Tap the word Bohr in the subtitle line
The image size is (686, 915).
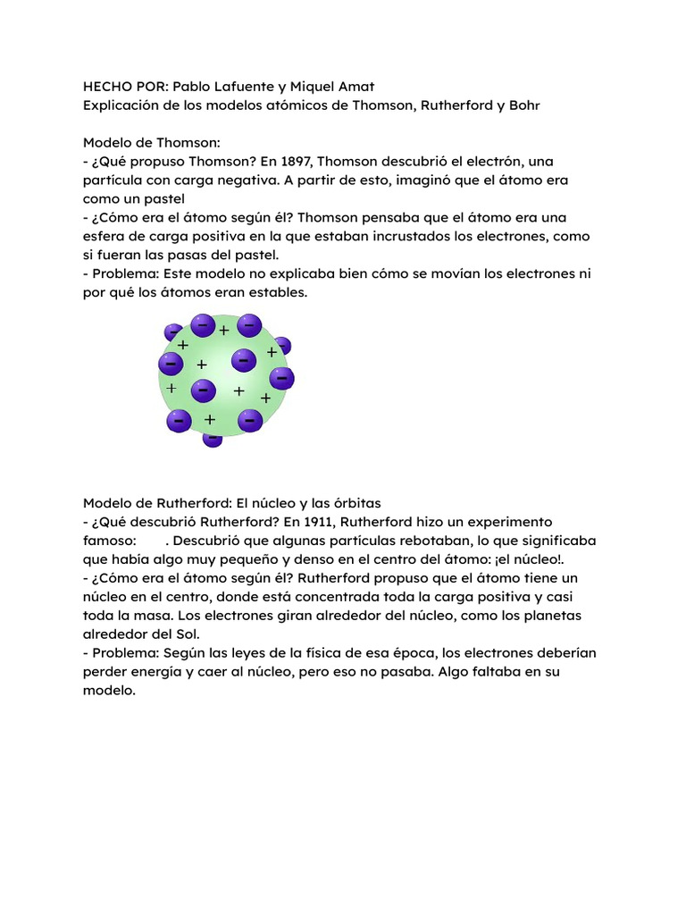coord(523,105)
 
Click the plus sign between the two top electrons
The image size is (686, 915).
coord(224,331)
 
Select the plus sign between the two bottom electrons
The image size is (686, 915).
coord(210,419)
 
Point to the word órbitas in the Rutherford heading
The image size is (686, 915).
coord(356,503)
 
